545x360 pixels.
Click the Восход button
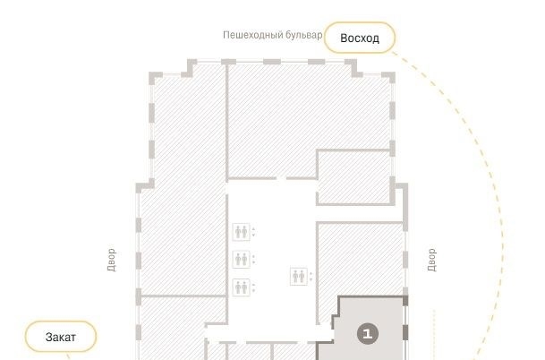360,38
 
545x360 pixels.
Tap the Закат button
61,337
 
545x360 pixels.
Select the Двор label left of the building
111,260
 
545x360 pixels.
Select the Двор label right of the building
431,260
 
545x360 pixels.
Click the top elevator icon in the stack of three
241,232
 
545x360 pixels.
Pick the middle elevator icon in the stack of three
241,259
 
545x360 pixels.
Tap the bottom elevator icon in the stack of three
241,287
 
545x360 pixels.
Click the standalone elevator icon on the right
299,277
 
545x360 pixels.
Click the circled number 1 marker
368,334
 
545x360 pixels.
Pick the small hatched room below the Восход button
353,177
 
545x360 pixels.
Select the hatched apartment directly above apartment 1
360,259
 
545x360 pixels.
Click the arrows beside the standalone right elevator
311,277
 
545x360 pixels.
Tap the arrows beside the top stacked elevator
253,232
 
